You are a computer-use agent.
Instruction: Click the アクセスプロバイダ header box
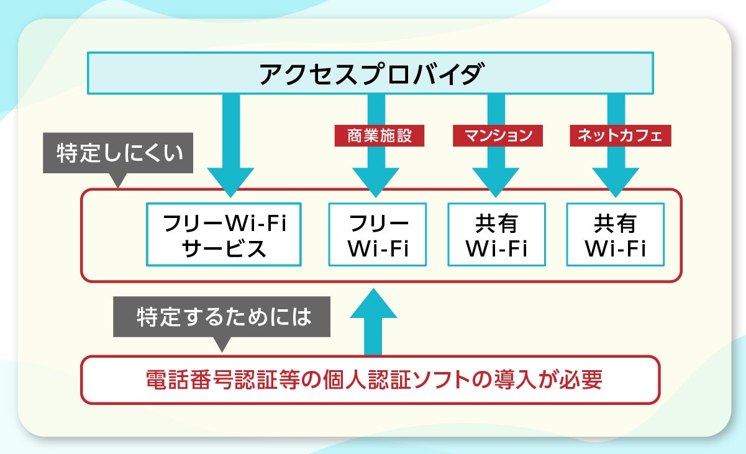(x=370, y=73)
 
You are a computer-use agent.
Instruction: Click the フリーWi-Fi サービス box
(x=224, y=235)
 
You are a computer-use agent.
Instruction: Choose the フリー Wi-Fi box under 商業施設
(x=378, y=235)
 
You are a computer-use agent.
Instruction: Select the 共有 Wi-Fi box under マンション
(x=496, y=235)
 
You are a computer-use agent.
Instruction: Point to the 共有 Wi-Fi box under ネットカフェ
(x=616, y=235)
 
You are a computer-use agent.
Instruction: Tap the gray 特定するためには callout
(x=222, y=319)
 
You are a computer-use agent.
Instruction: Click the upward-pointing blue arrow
(x=373, y=320)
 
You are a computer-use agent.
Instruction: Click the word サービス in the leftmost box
(x=224, y=248)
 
